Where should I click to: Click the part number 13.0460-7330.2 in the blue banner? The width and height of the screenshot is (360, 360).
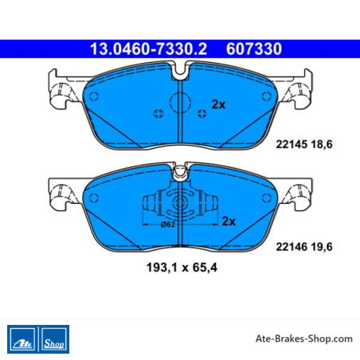point(148,49)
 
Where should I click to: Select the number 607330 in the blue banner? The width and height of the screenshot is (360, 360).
point(254,49)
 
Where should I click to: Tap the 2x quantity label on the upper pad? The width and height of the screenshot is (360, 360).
point(218,104)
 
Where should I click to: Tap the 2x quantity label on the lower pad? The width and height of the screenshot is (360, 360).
point(229,221)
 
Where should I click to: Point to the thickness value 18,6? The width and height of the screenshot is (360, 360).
point(322,145)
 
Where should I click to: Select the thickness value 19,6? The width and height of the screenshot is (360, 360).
point(322,247)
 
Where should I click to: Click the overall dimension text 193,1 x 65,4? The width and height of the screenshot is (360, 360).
point(182,268)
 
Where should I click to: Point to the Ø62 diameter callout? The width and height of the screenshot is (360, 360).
point(168,225)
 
